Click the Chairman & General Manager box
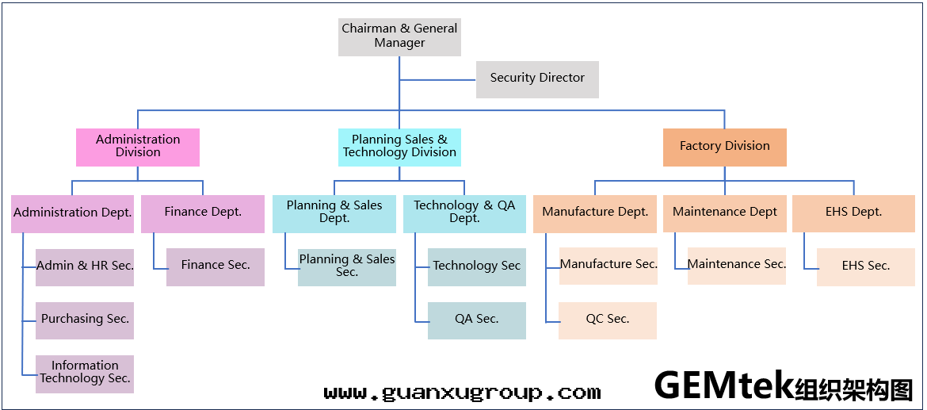(399, 36)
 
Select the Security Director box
(537, 79)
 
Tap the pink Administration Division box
(138, 147)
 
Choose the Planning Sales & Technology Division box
(399, 147)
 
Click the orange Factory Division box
(724, 147)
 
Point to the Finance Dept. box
(203, 213)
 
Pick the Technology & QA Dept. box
(464, 213)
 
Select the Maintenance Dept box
(724, 213)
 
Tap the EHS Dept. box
(853, 213)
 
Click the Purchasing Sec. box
(85, 320)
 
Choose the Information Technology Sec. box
(85, 373)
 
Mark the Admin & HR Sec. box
(85, 266)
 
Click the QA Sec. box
(476, 320)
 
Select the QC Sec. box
(607, 320)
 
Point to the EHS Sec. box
(865, 266)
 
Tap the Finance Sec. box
(216, 266)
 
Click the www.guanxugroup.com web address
(462, 393)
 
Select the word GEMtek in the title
(723, 386)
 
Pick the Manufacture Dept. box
(595, 213)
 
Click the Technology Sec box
(476, 266)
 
